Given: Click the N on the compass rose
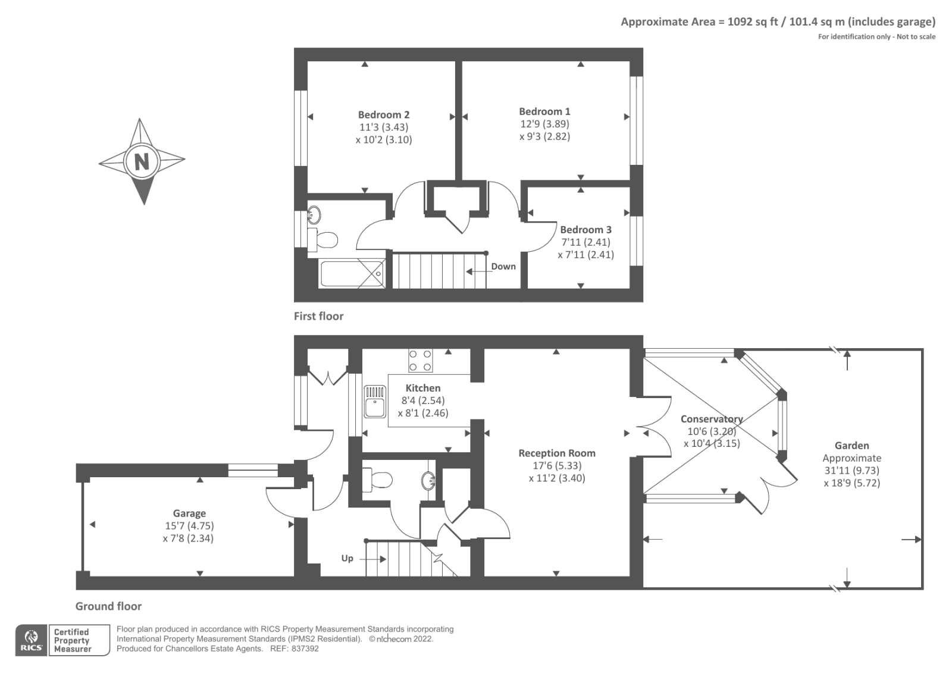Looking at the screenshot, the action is point(142,161).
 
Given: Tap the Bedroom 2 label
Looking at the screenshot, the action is point(383,115).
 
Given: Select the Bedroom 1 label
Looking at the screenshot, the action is point(544,111).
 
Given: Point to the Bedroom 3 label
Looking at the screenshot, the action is point(585,230).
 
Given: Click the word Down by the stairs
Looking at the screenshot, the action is point(503,267).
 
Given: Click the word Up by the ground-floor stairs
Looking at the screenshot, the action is point(347,558).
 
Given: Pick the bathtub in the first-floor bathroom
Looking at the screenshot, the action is point(352,274).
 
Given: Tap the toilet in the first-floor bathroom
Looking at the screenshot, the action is point(325,240).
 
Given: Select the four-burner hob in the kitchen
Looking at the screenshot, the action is point(420,361).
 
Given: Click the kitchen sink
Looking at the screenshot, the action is point(375,402).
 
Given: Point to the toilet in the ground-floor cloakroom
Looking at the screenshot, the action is point(378,480).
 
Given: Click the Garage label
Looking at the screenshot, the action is point(189,513).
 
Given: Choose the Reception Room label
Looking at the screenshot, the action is point(556,453).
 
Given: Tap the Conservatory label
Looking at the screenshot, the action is point(711,419).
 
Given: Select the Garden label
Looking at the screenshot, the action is point(851,446).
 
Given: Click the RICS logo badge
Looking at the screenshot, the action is point(32,640).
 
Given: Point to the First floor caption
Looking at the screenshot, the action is point(318,316).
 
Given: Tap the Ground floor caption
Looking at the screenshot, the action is point(108,606).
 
